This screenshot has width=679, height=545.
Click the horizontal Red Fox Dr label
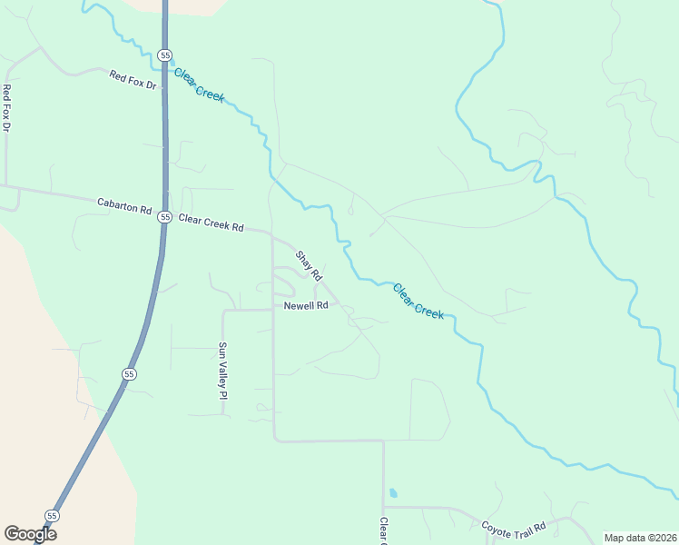tap(133, 80)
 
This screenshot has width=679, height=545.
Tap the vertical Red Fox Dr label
tap(6, 108)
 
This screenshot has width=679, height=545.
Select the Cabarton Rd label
tap(123, 207)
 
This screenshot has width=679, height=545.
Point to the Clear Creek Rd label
tap(211, 223)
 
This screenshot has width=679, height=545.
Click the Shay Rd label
tap(310, 264)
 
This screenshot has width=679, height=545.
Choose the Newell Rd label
tap(305, 306)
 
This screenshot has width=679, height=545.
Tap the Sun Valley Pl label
tap(221, 371)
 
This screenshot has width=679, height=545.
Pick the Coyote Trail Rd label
tap(513, 527)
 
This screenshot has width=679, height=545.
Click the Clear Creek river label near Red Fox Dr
tap(199, 85)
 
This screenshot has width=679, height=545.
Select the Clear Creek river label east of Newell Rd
tap(418, 301)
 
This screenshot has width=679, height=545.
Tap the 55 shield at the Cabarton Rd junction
tap(164, 217)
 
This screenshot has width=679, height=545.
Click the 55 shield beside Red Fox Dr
tap(164, 55)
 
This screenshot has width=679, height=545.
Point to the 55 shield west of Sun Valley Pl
tap(130, 373)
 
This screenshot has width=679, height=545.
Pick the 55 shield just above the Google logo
tap(52, 516)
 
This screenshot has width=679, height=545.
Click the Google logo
tap(30, 534)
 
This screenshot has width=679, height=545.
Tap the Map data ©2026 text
tap(639, 538)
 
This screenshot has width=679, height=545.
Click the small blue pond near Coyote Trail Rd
tap(392, 494)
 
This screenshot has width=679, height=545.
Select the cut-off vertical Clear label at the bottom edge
tap(383, 531)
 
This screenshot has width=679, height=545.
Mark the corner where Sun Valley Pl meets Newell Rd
tap(224, 310)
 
